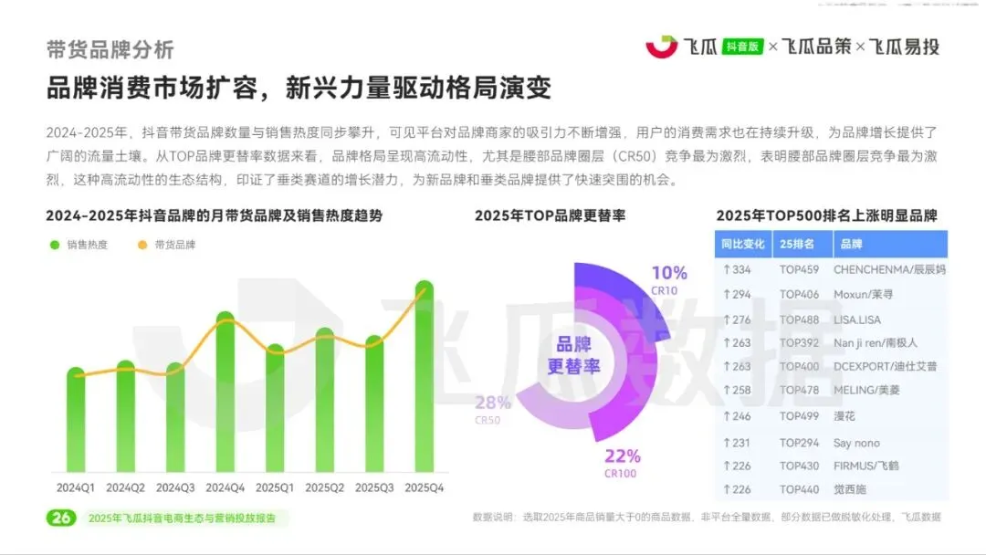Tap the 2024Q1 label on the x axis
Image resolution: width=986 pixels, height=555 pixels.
pos(76,488)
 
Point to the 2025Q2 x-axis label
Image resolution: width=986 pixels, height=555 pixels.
pos(324,488)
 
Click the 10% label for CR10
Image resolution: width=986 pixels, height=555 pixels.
pos(669,273)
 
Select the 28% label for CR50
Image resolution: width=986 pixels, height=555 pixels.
pos(493,403)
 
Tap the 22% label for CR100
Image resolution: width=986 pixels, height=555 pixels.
pos(624,456)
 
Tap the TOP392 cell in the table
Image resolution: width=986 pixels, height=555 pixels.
pos(799,343)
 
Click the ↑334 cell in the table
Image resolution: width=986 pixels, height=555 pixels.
pos(736,269)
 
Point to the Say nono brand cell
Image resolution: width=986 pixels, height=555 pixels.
pos(856,442)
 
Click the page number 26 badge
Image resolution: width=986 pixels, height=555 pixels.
pos(61,518)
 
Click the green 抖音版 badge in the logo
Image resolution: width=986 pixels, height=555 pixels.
pos(742,46)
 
